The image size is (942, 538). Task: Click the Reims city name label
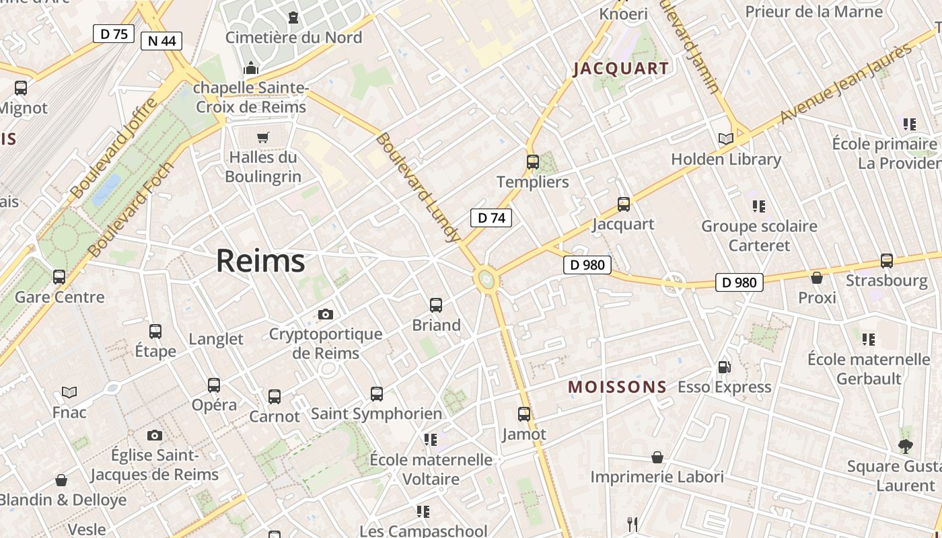(260, 261)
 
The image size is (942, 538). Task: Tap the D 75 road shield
(114, 34)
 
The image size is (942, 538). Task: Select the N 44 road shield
(161, 41)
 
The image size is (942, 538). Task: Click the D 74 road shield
(491, 218)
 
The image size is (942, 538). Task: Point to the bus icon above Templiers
(533, 162)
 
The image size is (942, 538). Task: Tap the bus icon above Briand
(436, 305)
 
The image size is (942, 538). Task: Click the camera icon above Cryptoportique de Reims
(326, 314)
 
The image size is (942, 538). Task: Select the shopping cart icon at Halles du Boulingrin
(262, 137)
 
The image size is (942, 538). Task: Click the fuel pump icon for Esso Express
(724, 367)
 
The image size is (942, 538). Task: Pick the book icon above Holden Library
(725, 139)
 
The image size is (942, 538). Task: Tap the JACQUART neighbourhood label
(621, 69)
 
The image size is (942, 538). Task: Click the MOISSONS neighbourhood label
(617, 387)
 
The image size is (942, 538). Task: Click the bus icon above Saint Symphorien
(377, 394)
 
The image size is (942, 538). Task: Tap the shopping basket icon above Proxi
(817, 278)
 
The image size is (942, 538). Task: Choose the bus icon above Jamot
(524, 414)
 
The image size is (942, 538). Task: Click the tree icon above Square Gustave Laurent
(906, 446)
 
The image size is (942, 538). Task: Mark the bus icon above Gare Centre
(59, 277)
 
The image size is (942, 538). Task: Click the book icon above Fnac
(69, 392)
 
